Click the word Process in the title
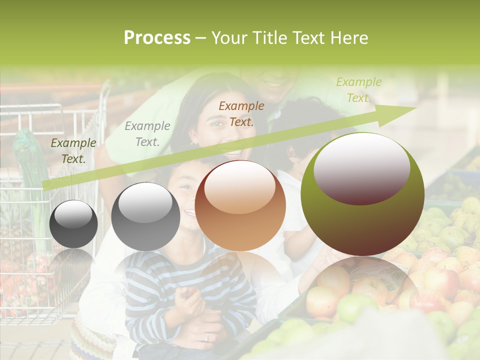[x=157, y=38]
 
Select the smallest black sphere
[x=73, y=224]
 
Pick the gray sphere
[x=145, y=216]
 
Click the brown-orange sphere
[x=240, y=205]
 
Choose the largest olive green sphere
[x=362, y=194]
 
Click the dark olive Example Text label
[x=73, y=151]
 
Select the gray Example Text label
[x=147, y=134]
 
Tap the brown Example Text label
[x=241, y=113]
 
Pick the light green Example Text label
[x=358, y=90]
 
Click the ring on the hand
[x=206, y=337]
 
